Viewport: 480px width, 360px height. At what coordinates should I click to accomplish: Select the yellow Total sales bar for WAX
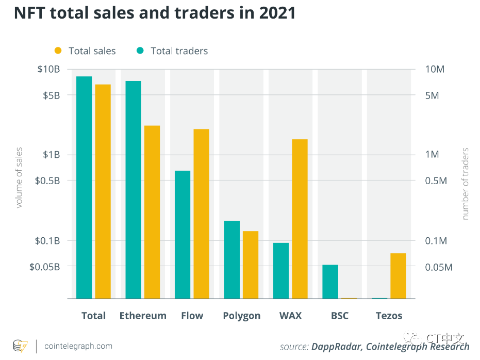coord(300,219)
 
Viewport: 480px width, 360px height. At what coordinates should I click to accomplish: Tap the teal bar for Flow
coord(183,235)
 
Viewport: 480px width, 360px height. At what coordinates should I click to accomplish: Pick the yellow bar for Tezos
coord(398,276)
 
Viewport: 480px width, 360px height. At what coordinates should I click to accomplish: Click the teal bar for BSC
coord(330,282)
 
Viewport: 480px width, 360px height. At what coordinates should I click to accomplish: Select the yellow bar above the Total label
coord(103,191)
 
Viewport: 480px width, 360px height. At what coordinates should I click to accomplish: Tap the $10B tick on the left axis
coord(48,69)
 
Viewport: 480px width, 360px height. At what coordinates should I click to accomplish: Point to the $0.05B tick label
coord(44,267)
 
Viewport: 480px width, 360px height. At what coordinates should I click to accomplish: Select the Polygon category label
coord(241,316)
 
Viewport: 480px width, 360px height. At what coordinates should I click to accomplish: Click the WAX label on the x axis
coord(290,316)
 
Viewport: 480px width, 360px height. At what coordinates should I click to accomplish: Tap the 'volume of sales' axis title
coord(19,177)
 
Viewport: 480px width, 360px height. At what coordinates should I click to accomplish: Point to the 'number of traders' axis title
coord(466,184)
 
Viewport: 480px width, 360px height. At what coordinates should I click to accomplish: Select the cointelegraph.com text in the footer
coord(78,346)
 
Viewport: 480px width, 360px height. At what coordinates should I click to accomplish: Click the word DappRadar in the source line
coord(336,347)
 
